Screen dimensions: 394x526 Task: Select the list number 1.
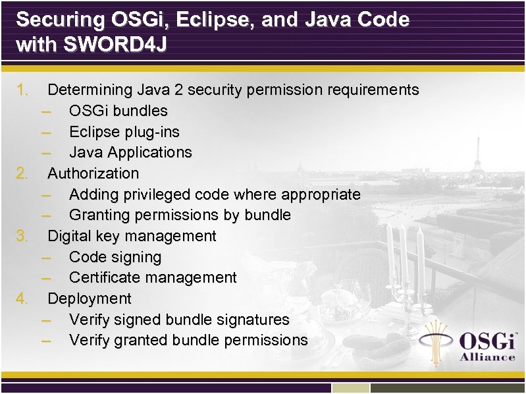pyautogui.click(x=22, y=90)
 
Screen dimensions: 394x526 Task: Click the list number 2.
pyautogui.click(x=22, y=173)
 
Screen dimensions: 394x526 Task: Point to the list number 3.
pyautogui.click(x=22, y=236)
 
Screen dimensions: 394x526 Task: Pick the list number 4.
pyautogui.click(x=22, y=298)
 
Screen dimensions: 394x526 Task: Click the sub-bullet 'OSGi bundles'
pyautogui.click(x=118, y=111)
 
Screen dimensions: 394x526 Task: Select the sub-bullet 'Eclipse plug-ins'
pyautogui.click(x=124, y=132)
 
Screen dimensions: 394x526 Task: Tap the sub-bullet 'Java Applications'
pyautogui.click(x=130, y=152)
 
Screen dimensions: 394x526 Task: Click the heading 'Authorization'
pyautogui.click(x=93, y=173)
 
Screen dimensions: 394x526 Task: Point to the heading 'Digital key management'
pyautogui.click(x=132, y=236)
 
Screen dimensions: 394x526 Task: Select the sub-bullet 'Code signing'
pyautogui.click(x=115, y=257)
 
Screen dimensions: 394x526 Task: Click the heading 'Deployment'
pyautogui.click(x=90, y=298)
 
